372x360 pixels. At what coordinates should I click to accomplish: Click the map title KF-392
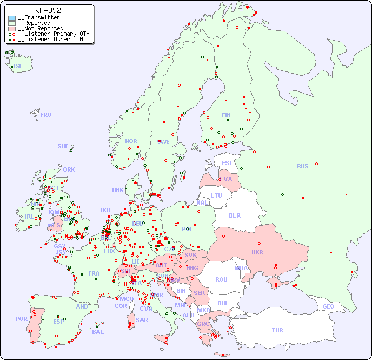(48, 10)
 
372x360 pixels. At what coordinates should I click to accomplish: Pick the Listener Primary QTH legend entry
(50, 34)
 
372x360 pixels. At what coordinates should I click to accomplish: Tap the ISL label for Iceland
(18, 67)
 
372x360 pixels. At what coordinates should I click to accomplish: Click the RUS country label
(302, 166)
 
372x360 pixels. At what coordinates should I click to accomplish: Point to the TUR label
(277, 330)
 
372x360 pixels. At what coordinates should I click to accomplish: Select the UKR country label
(257, 252)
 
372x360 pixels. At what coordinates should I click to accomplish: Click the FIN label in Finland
(226, 115)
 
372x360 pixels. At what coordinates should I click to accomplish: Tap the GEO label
(328, 306)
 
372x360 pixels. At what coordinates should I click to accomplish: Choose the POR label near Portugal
(21, 319)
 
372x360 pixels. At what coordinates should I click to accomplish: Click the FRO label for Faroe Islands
(46, 115)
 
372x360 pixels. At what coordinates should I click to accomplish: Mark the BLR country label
(234, 215)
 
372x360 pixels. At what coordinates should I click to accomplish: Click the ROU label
(221, 279)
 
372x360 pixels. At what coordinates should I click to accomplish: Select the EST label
(227, 163)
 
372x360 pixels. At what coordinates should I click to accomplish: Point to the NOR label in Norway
(131, 141)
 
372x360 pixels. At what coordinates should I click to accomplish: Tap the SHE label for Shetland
(63, 146)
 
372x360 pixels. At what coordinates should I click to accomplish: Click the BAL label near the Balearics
(97, 332)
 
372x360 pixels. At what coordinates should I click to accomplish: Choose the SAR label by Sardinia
(142, 320)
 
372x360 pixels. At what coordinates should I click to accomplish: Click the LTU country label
(216, 195)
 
